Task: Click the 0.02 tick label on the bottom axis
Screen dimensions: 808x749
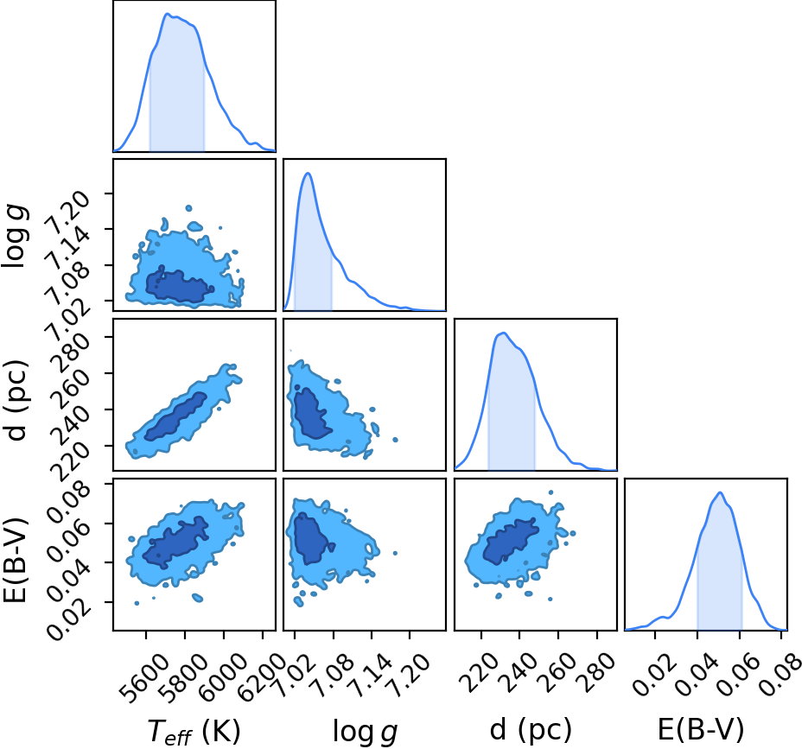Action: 654,676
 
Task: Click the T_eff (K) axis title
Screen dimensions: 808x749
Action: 194,732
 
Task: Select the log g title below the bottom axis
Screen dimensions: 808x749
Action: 365,732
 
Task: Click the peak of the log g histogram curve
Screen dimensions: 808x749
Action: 309,173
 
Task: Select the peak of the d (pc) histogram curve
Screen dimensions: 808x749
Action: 504,333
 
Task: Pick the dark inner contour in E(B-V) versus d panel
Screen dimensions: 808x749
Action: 510,541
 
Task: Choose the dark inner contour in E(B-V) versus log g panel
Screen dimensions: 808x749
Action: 310,538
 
